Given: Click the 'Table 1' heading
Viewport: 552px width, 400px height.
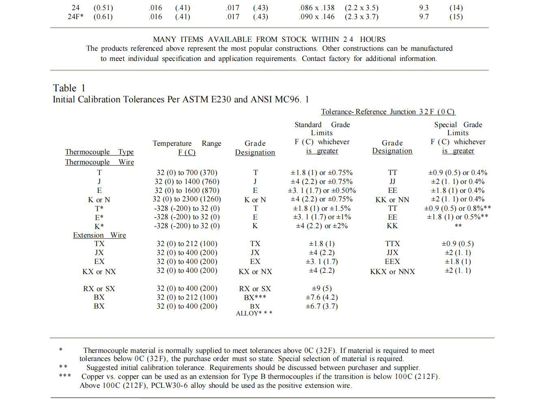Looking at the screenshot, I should pos(69,88).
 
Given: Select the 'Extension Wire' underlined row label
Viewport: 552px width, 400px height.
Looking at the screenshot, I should pos(99,235).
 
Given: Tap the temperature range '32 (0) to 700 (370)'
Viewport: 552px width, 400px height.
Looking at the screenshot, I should pos(187,173).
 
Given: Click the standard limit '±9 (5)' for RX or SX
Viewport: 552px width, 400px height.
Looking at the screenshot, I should pos(321,288).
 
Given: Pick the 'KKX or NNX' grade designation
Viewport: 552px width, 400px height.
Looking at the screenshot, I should pos(392,272).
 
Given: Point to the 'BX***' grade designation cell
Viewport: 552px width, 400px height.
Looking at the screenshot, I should pos(255,297).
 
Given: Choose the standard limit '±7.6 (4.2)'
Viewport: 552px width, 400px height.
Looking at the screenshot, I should pos(321,297).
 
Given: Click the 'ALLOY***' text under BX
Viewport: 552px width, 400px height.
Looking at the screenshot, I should pos(254,314).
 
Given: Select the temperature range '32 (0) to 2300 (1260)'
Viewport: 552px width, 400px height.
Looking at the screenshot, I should pos(187,199).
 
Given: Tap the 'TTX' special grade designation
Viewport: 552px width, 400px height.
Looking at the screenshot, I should pos(392,244).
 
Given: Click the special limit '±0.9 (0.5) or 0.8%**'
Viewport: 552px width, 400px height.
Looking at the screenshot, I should pos(457,208).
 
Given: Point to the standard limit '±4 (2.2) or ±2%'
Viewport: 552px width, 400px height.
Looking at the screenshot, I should pos(321,226).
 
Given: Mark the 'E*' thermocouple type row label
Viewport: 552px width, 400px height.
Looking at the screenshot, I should pos(99,217).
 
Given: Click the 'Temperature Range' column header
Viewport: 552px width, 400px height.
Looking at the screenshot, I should pos(187,143).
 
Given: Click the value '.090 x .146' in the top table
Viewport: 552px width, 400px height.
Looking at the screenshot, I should pos(317,17).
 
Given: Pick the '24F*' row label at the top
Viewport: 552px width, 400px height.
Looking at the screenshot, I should pos(75,17).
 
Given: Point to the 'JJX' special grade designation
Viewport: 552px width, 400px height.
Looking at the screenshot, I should pos(392,253).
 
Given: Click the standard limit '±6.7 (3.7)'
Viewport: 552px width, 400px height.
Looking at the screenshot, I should pos(321,306).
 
